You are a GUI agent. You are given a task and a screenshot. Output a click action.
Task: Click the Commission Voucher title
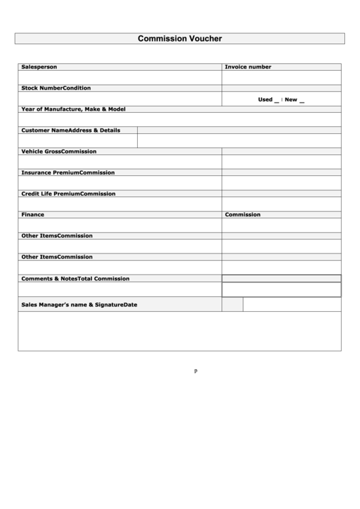tap(180, 39)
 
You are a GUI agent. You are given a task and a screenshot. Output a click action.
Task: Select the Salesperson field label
tap(39, 67)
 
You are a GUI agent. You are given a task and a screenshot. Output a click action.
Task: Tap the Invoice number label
tap(248, 67)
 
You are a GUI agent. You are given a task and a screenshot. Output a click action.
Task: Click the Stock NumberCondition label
tap(56, 88)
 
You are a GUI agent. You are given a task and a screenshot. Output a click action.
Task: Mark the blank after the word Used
tap(276, 101)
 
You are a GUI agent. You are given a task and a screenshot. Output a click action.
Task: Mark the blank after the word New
tap(302, 101)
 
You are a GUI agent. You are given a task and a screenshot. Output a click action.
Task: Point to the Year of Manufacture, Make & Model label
tap(73, 109)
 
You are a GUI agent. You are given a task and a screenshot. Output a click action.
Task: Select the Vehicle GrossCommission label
tap(58, 152)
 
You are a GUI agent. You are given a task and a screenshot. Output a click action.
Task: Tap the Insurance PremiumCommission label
tap(68, 173)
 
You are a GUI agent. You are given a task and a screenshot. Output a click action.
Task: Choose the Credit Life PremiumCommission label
tap(68, 194)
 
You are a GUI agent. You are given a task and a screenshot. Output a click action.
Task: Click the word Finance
tap(33, 215)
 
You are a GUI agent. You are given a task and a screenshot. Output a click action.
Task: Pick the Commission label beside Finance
tap(243, 215)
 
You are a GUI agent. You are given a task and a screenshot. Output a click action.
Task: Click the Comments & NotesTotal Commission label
tap(75, 279)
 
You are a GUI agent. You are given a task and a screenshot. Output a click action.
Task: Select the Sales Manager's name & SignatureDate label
tap(79, 305)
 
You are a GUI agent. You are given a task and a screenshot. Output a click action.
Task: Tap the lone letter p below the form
tap(195, 371)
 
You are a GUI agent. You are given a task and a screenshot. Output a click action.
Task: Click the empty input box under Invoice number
tap(281, 77)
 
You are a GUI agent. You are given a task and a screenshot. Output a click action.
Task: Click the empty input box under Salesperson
tap(120, 77)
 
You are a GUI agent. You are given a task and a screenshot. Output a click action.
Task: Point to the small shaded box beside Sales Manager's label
tap(232, 305)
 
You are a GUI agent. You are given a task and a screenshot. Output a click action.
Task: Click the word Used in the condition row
tap(265, 100)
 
